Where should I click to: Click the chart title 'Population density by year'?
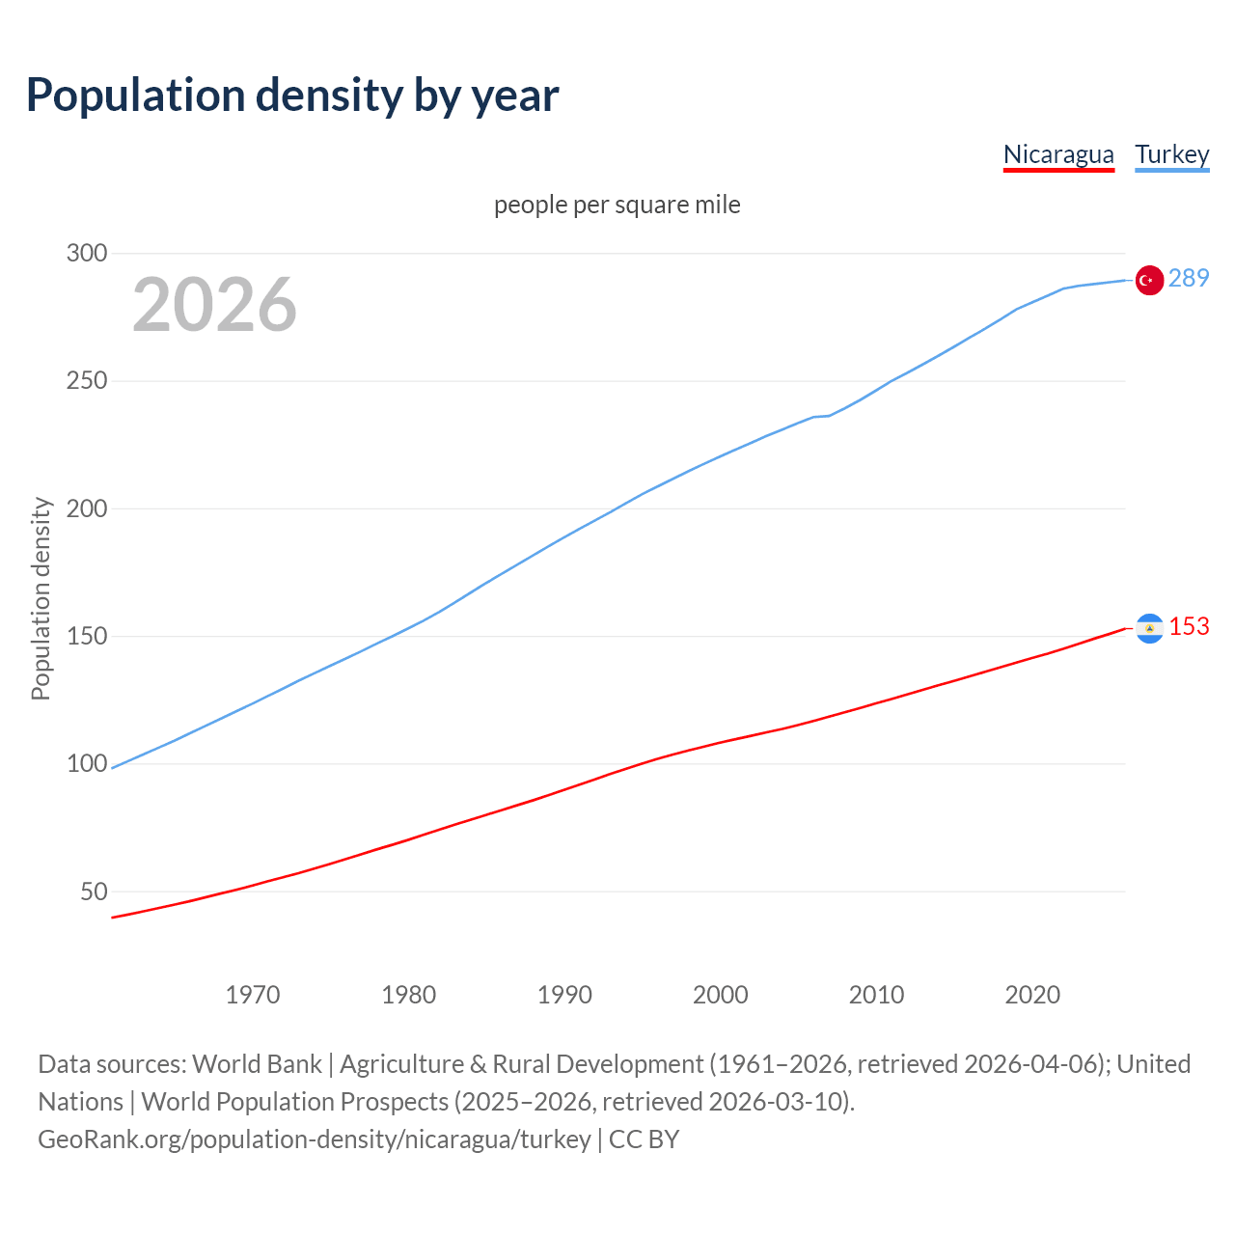point(292,96)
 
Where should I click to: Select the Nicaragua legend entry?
point(1058,154)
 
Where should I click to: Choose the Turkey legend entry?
point(1171,154)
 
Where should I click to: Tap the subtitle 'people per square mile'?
point(617,205)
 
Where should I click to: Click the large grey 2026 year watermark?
point(214,305)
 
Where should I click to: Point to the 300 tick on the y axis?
point(86,254)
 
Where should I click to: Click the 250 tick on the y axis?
point(86,381)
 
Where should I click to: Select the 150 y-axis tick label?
point(86,636)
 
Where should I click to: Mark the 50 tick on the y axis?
point(94,892)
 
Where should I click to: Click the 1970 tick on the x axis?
point(253,995)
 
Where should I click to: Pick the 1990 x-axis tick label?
point(564,995)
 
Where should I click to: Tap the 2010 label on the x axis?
point(876,995)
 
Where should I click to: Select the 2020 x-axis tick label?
point(1032,995)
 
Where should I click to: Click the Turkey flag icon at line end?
point(1148,280)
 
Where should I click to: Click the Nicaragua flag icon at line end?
point(1149,629)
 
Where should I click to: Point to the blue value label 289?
point(1189,278)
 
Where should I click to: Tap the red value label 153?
point(1189,626)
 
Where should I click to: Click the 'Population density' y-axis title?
point(41,598)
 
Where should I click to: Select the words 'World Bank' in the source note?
point(257,1064)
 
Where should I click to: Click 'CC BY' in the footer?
point(644,1139)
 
